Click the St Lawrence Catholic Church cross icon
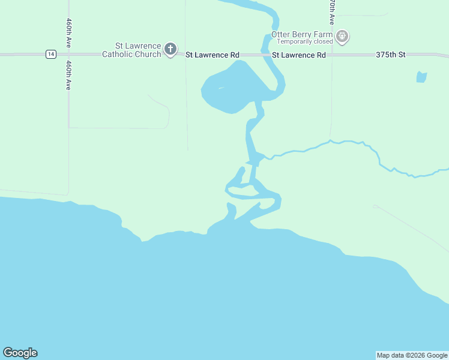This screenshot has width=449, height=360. pyautogui.click(x=170, y=49)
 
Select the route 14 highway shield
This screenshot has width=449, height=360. pyautogui.click(x=51, y=54)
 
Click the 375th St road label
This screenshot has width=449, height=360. pyautogui.click(x=391, y=55)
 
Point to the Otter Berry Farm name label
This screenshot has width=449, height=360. pyautogui.click(x=302, y=34)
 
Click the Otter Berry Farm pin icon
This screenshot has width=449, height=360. pyautogui.click(x=342, y=37)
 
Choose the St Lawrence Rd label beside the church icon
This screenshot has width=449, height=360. pyautogui.click(x=212, y=55)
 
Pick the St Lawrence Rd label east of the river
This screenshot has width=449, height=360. pyautogui.click(x=298, y=55)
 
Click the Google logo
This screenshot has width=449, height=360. pyautogui.click(x=20, y=353)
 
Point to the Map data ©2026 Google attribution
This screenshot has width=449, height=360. pyautogui.click(x=412, y=355)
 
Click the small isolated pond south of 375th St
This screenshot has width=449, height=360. pyautogui.click(x=421, y=77)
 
